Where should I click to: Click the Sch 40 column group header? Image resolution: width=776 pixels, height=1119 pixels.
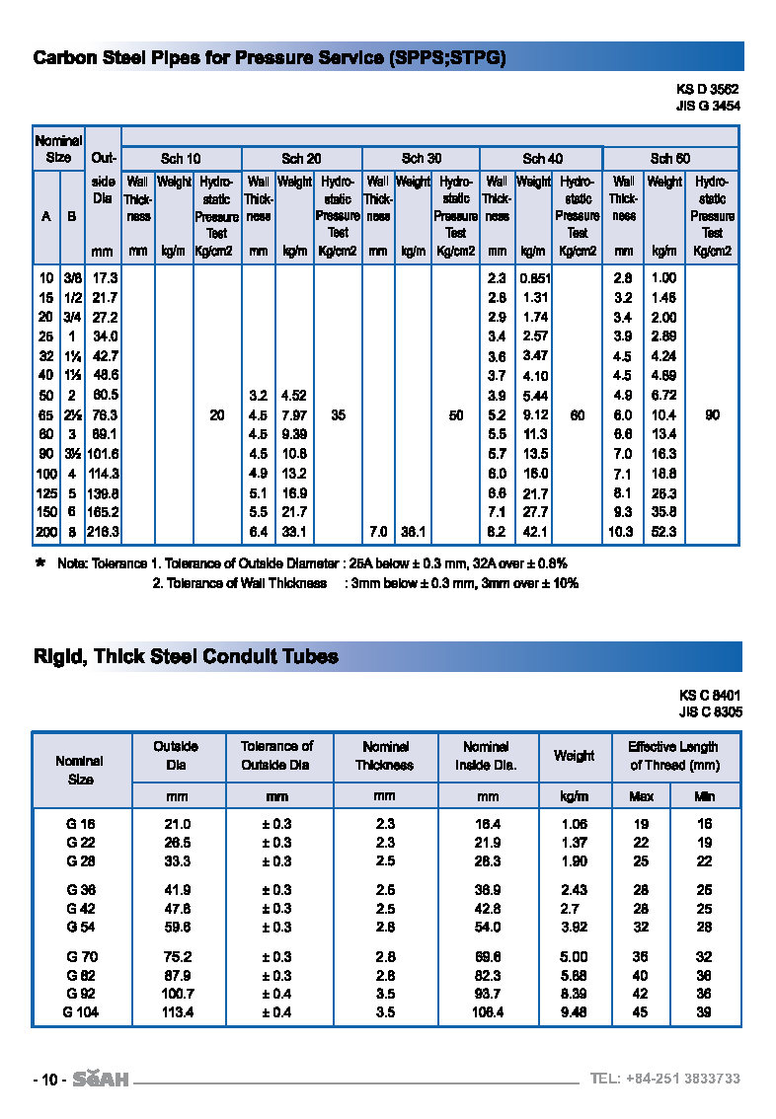coord(542,158)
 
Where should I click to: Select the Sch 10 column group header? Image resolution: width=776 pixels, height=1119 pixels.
coord(181,158)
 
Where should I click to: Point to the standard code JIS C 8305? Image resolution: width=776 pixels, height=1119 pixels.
coord(710,711)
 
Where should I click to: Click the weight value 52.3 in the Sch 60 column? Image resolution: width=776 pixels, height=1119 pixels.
coord(664,532)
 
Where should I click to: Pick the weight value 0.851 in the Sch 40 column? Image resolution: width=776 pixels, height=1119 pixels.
coord(534,278)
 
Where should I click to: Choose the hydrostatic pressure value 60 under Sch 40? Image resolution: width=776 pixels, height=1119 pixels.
coord(578,415)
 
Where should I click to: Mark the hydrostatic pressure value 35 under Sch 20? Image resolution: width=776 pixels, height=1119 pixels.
coord(338,415)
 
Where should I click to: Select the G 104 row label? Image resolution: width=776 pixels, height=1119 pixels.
coord(81,1011)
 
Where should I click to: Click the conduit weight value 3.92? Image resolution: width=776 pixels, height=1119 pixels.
coord(574,927)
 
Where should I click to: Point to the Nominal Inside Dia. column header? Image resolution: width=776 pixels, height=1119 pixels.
coord(486,756)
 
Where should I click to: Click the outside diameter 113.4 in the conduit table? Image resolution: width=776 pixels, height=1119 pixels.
coord(177,1011)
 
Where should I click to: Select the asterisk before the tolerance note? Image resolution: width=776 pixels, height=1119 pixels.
coord(39,563)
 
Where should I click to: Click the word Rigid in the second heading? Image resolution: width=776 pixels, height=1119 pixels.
coord(58,656)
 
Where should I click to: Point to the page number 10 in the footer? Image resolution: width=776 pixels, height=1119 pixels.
coord(48,1080)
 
